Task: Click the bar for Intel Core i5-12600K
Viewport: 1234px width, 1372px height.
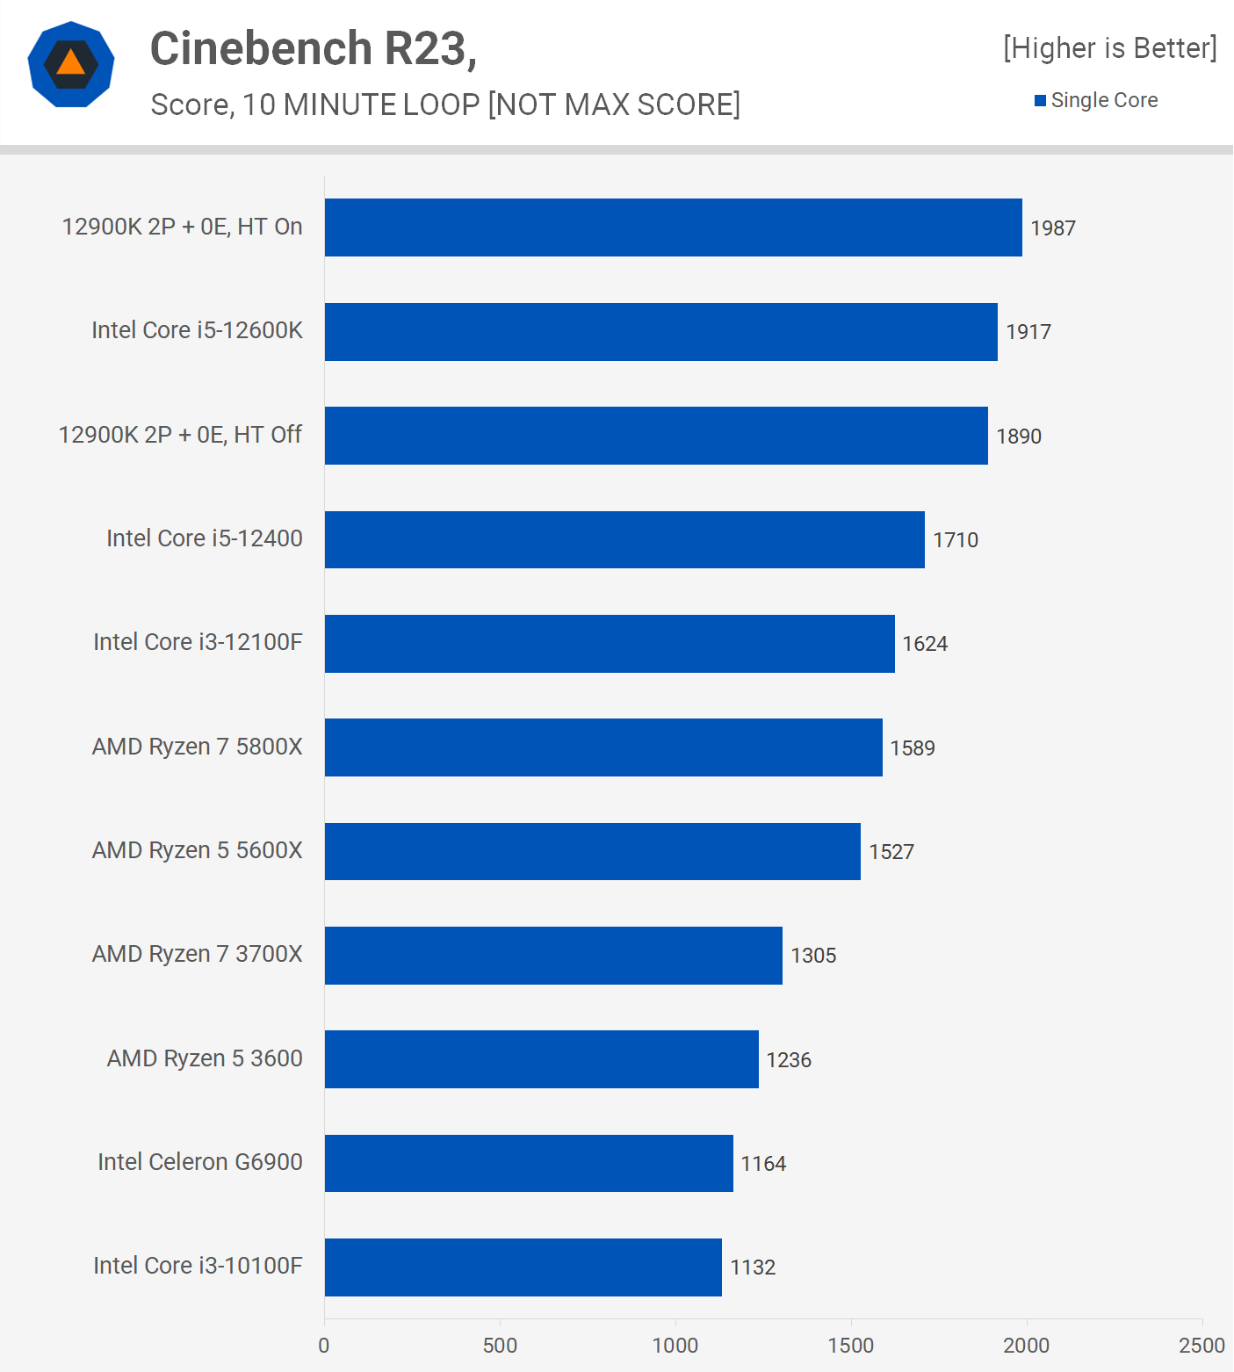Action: click(660, 332)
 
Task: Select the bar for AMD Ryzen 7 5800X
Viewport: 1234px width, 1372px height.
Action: click(603, 747)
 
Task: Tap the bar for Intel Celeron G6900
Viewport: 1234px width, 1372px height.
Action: click(529, 1163)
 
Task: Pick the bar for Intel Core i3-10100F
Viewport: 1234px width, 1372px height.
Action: click(523, 1267)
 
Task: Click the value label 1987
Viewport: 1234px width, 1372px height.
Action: click(1052, 228)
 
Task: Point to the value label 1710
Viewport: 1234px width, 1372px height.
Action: click(955, 540)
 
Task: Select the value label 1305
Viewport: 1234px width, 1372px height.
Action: click(812, 956)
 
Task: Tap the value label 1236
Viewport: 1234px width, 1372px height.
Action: click(788, 1060)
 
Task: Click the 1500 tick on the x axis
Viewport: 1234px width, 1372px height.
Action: click(850, 1345)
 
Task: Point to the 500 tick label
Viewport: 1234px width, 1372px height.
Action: click(500, 1345)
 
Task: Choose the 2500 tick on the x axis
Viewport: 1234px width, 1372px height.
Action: click(1201, 1345)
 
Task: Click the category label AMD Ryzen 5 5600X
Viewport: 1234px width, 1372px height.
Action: click(197, 850)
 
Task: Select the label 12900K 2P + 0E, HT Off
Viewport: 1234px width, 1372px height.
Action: click(180, 435)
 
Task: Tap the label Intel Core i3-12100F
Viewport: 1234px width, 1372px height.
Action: click(198, 642)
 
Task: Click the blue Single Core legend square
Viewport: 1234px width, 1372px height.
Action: click(1040, 101)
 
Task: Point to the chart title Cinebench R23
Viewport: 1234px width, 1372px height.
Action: click(313, 48)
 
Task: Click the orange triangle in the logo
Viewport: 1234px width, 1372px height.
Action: click(71, 63)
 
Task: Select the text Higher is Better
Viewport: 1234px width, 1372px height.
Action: click(1110, 48)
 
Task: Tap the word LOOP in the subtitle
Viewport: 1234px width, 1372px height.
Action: click(441, 105)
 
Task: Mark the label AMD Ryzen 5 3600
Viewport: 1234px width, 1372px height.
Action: click(205, 1058)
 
